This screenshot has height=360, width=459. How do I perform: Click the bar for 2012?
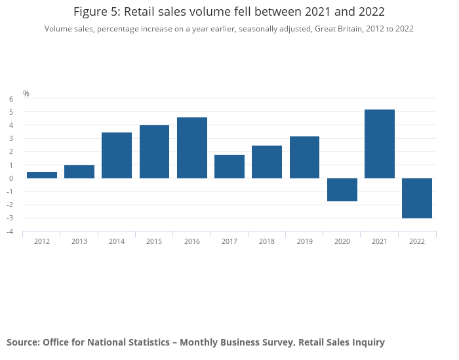coord(41,174)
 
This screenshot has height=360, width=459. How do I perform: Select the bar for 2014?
coord(117,155)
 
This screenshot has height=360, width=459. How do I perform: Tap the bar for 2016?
coord(192,148)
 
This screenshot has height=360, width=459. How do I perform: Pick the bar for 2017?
coord(229,167)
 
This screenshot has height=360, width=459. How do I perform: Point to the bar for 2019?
coord(304,157)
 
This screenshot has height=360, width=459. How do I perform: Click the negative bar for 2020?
coord(342,190)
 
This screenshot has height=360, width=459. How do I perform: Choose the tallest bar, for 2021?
coord(380,144)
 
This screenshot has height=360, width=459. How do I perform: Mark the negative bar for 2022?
coord(417,198)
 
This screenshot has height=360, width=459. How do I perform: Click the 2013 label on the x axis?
coord(79,241)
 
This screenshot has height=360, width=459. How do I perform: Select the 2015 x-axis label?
coord(154,241)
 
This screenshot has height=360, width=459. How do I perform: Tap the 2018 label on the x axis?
coord(267,241)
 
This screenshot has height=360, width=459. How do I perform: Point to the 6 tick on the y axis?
coord(11,99)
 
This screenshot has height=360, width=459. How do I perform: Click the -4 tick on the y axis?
coord(10,231)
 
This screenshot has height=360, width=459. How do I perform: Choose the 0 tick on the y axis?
coord(11,178)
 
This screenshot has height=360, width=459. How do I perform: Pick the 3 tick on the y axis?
coord(11,138)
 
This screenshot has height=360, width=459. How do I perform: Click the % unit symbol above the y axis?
coord(26,94)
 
